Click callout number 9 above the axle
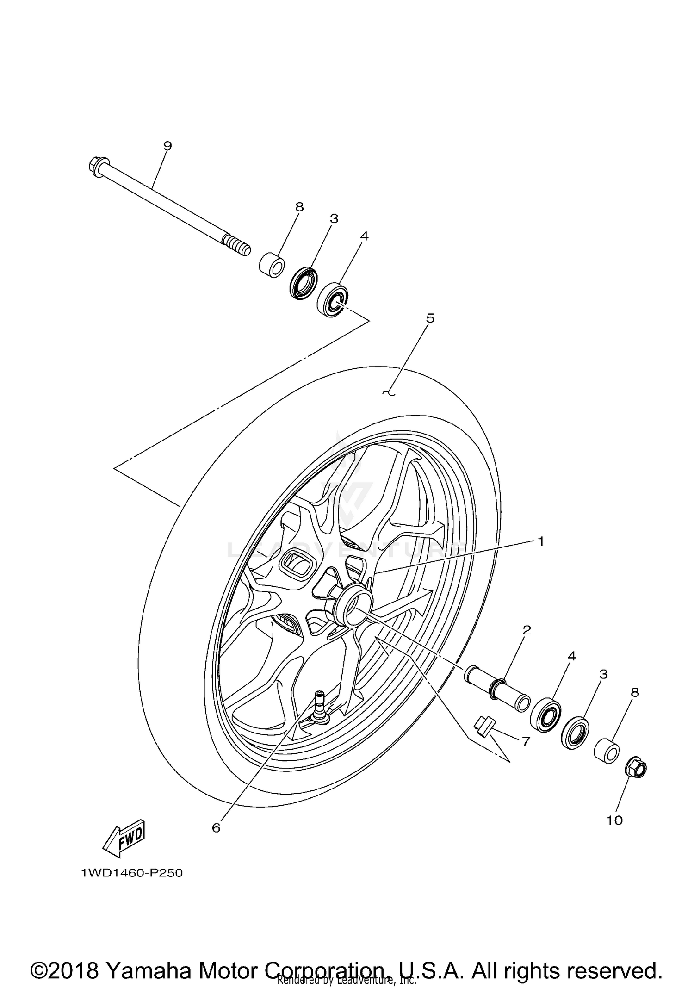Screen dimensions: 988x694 coord(167,146)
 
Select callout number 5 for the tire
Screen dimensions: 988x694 coord(430,318)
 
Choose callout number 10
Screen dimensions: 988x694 coord(614,820)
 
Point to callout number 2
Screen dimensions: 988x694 coord(527,630)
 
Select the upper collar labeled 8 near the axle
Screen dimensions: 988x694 coord(272,265)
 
